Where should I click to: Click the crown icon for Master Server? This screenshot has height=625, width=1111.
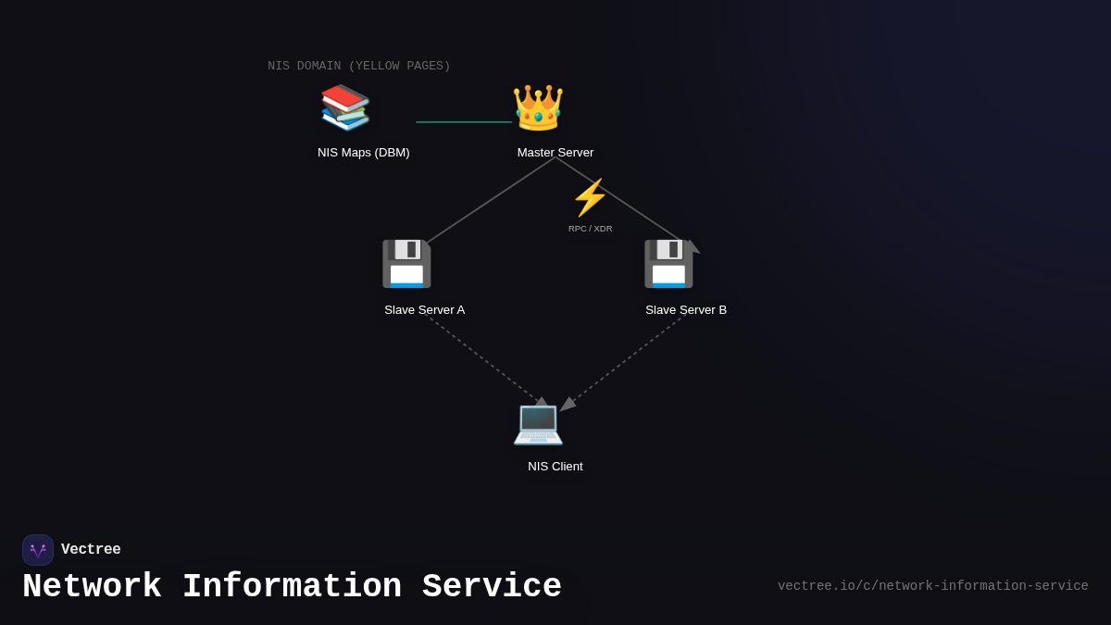(x=538, y=107)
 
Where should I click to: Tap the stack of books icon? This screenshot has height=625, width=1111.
(x=345, y=107)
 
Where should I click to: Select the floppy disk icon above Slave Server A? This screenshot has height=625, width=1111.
(x=406, y=264)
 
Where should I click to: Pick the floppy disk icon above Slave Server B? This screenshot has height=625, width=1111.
(x=668, y=264)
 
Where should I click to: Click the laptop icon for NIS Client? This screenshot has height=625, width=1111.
(x=538, y=423)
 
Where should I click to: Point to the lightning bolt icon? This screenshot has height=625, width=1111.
(x=590, y=197)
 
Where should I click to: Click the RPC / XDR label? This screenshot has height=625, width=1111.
(x=590, y=229)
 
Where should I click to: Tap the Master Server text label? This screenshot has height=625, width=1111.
(x=555, y=153)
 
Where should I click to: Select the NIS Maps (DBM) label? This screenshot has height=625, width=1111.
(x=363, y=153)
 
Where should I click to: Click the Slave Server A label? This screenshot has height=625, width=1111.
(x=424, y=310)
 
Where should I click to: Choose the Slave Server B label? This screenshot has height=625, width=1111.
(x=686, y=310)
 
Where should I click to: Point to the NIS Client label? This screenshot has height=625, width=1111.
(x=555, y=467)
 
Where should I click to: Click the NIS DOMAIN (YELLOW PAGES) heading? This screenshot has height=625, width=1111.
(x=359, y=67)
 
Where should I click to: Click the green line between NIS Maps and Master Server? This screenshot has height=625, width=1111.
(x=463, y=122)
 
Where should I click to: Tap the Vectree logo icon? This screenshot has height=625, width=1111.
(x=38, y=550)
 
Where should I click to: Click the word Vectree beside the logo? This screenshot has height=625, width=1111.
(x=91, y=550)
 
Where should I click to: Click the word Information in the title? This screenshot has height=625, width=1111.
(x=292, y=587)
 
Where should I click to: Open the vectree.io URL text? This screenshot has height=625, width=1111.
(x=932, y=586)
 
